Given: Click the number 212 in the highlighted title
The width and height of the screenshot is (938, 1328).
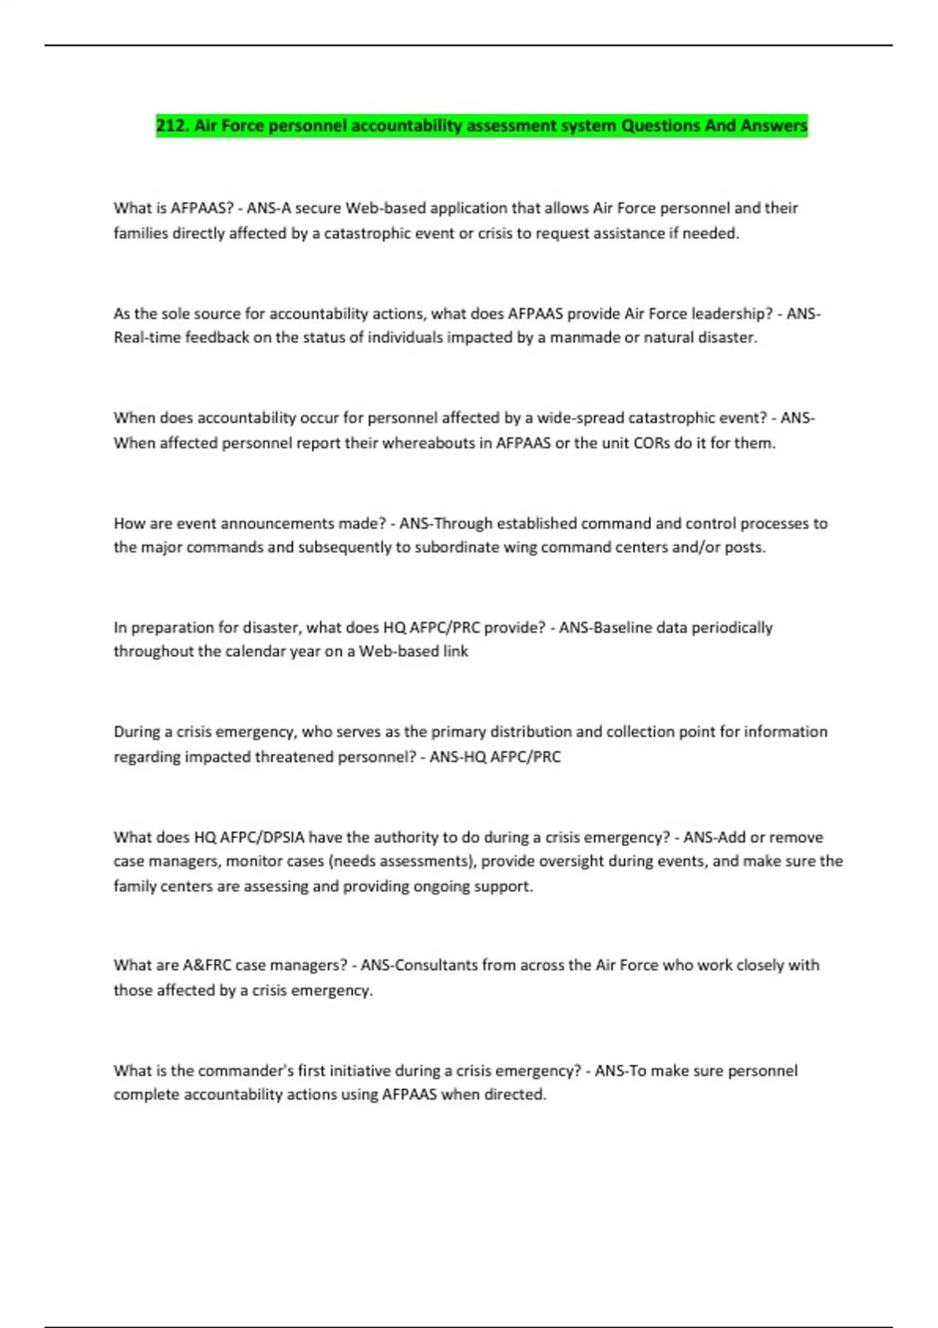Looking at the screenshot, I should tap(171, 126).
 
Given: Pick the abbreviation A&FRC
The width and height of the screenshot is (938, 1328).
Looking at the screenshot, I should tap(207, 966).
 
